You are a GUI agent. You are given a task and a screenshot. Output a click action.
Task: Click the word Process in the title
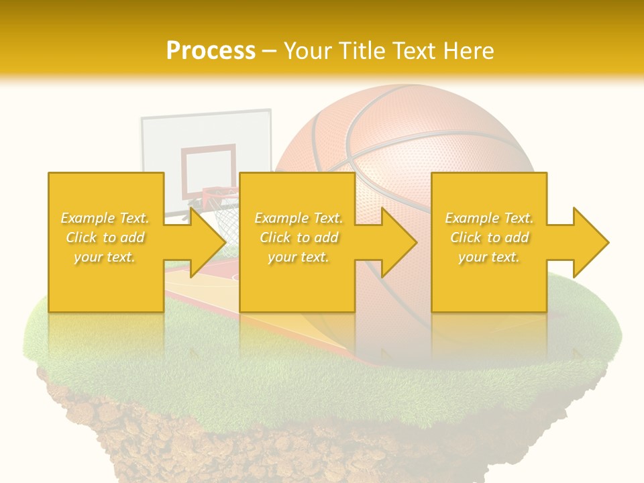tap(211, 50)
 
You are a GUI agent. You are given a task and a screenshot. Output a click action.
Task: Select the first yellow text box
tap(105, 282)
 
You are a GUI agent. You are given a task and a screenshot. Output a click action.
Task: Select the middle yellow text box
tap(297, 282)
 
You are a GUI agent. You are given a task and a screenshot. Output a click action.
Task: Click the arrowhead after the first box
tap(205, 242)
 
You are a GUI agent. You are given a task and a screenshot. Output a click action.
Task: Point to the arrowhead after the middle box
tap(396, 242)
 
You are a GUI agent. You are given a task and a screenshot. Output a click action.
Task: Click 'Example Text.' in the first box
tap(105, 218)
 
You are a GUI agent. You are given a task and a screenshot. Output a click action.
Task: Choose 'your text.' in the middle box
tap(298, 257)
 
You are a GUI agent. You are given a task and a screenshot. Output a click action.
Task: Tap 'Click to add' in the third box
tap(490, 237)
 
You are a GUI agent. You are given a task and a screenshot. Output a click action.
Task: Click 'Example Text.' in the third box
tap(489, 218)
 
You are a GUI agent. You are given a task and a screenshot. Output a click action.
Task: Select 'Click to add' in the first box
tap(105, 237)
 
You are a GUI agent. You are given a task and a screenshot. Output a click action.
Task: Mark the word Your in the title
tap(308, 50)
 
